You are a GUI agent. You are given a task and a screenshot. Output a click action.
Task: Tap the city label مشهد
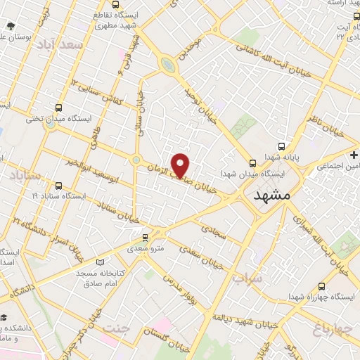[270, 195]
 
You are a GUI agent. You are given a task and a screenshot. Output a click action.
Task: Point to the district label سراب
[246, 278]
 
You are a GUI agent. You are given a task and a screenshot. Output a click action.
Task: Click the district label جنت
[116, 328]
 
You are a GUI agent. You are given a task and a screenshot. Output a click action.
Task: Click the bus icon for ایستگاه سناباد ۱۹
[58, 186]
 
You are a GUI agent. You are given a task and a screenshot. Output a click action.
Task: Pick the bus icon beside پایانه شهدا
[281, 147]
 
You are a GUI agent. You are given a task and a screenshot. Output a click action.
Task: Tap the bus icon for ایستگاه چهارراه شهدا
[321, 286]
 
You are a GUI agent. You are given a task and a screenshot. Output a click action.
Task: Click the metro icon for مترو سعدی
[146, 238]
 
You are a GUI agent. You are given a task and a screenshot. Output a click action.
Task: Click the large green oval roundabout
[168, 66]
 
